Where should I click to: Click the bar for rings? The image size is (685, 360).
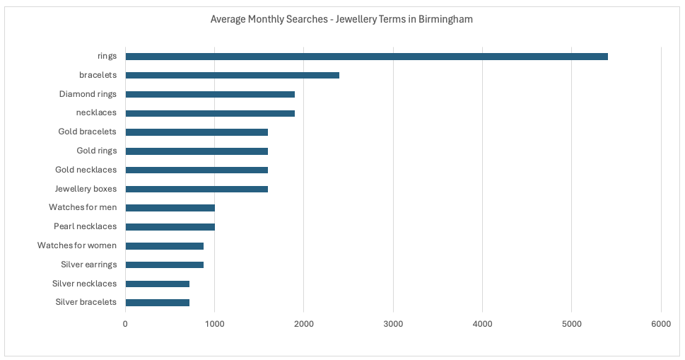click(366, 57)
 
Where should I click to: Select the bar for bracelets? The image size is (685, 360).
click(232, 75)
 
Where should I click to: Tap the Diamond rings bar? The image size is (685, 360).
click(210, 94)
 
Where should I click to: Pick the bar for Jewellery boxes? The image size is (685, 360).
click(197, 189)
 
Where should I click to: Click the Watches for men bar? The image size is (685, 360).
click(170, 208)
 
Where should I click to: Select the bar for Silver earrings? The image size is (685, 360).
click(164, 265)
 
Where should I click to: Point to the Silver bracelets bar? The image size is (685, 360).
click(157, 303)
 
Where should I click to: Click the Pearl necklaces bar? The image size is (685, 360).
click(170, 227)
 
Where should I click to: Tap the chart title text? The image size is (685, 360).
click(341, 19)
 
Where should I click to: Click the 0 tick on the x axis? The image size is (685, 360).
click(125, 324)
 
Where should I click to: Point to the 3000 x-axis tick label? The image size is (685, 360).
click(393, 324)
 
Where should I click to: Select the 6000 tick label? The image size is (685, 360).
click(661, 324)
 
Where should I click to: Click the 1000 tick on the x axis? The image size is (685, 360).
click(214, 324)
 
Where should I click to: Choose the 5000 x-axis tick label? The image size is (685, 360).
click(572, 324)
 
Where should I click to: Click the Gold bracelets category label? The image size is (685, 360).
click(87, 132)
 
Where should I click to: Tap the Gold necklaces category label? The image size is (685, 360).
click(86, 170)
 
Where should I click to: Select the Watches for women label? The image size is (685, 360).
click(77, 245)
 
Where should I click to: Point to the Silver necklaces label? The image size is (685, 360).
click(84, 284)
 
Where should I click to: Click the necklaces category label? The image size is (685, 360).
click(96, 112)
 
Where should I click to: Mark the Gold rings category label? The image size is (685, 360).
click(96, 151)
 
